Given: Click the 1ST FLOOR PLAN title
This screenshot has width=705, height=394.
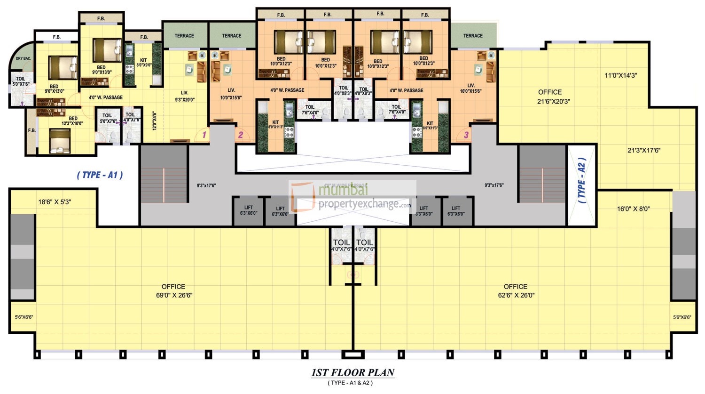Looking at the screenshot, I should click(352, 373).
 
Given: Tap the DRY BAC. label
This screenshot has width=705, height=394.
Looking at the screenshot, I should click(23, 59).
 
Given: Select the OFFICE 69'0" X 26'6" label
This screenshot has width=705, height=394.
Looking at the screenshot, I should click(173, 291).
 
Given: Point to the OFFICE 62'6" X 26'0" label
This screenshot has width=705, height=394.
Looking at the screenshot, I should click(516, 291).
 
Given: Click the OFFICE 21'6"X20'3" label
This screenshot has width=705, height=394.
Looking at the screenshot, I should click(550, 96).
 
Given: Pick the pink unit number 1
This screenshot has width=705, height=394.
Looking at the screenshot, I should click(204, 135).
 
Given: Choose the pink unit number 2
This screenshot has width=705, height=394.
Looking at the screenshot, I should click(241, 135).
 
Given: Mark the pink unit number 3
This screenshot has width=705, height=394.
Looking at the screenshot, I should click(466, 135).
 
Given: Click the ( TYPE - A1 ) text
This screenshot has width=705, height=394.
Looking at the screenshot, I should click(100, 175).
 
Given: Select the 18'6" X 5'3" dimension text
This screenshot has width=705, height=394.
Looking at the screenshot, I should click(55, 202).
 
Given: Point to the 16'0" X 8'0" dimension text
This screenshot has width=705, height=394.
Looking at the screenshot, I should click(633, 209).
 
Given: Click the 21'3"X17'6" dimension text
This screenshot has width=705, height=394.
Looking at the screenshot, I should click(644, 151).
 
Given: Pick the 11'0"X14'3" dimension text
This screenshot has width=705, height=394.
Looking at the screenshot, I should click(620, 75).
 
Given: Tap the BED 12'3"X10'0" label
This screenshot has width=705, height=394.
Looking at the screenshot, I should click(73, 121).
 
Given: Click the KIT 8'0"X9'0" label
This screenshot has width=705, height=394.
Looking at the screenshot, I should click(143, 63).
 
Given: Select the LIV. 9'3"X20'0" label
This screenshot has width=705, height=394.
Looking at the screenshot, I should click(185, 96).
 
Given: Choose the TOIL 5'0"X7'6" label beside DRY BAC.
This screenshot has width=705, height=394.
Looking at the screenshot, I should click(21, 81).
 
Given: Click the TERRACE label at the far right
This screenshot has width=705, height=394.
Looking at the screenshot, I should click(473, 36).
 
